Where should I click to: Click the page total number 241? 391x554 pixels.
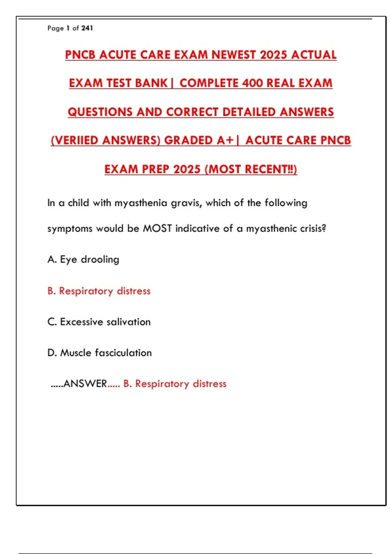click(87, 28)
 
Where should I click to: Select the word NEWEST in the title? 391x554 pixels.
click(233, 55)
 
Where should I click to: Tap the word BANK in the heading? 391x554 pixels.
click(151, 83)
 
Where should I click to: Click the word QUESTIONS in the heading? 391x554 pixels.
click(100, 112)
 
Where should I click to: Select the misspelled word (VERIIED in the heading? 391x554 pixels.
click(74, 140)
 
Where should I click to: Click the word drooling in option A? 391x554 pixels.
click(100, 259)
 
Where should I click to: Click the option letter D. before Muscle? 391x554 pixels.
click(52, 353)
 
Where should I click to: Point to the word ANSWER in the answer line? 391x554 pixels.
click(85, 384)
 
